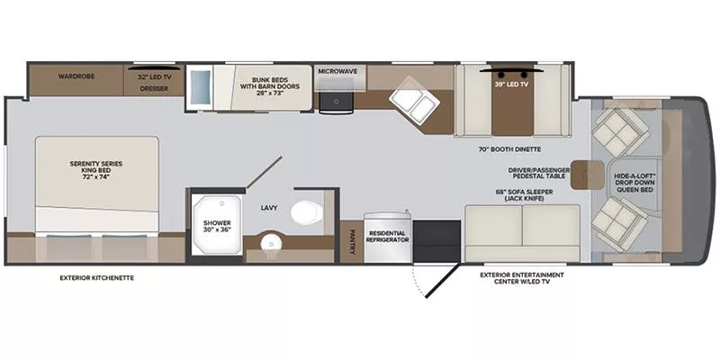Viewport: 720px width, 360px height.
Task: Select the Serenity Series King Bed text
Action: [96, 168]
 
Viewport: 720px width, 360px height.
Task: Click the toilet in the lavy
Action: [303, 212]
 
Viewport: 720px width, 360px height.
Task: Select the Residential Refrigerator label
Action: [387, 236]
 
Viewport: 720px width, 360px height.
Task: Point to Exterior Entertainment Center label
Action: [521, 278]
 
